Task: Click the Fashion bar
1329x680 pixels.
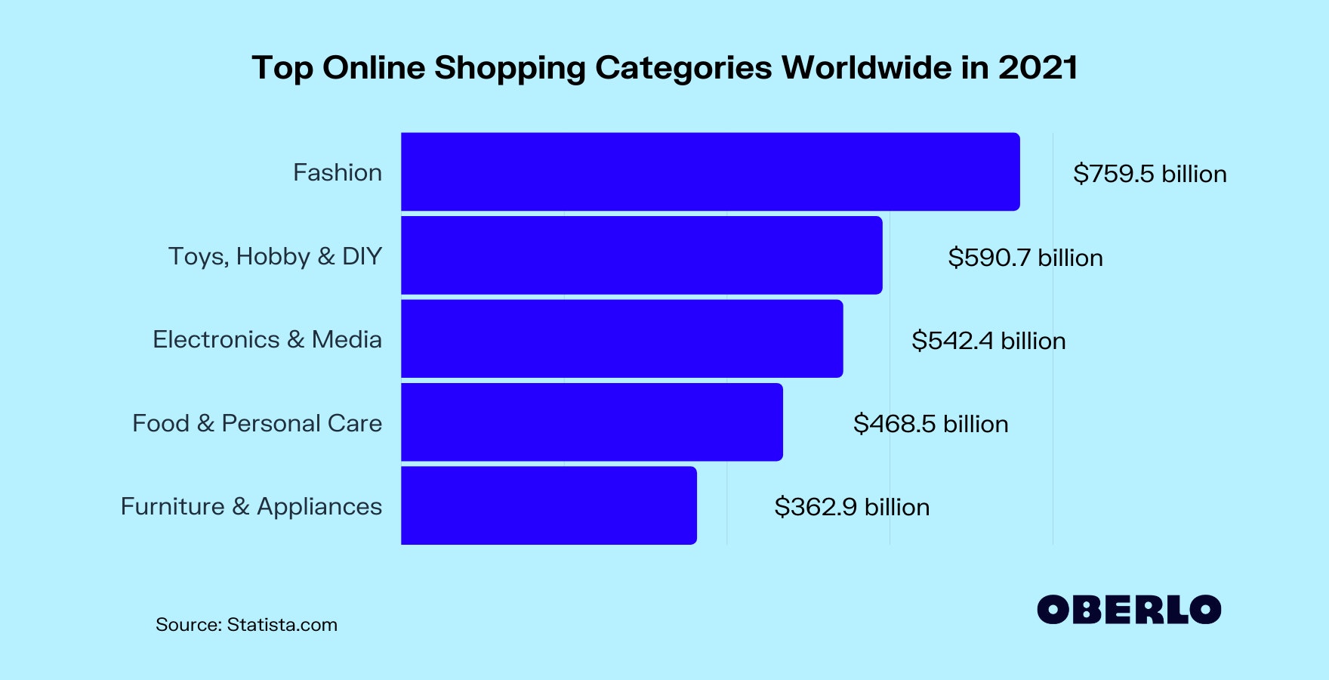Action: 710,172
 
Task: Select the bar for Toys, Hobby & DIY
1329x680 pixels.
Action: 641,255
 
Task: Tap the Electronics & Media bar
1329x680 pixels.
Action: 621,338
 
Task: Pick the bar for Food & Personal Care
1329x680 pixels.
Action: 591,422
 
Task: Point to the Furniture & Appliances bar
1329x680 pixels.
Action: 548,505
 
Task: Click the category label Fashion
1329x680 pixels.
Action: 337,172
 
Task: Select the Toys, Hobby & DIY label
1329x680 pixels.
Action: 275,256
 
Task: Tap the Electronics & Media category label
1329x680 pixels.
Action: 267,339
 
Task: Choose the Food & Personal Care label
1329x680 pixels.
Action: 257,423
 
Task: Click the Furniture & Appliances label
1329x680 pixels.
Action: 251,506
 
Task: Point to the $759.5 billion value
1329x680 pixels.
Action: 1149,174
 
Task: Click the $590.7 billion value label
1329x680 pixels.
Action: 1025,258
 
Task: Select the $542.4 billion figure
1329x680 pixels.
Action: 988,341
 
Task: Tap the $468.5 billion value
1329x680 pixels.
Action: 930,424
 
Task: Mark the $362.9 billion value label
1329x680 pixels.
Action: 852,507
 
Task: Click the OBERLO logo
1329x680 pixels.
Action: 1129,610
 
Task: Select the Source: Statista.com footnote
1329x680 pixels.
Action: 246,625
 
